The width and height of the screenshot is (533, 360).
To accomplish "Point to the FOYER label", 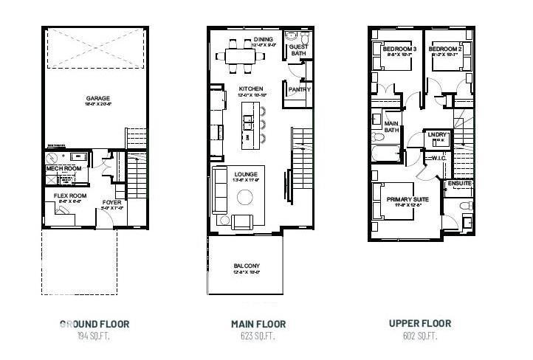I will [x=111, y=201].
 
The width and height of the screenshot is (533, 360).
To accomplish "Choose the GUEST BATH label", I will [x=299, y=49].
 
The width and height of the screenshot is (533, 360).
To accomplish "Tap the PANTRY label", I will [x=299, y=89].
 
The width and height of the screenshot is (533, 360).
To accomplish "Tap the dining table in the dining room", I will [x=244, y=55].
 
